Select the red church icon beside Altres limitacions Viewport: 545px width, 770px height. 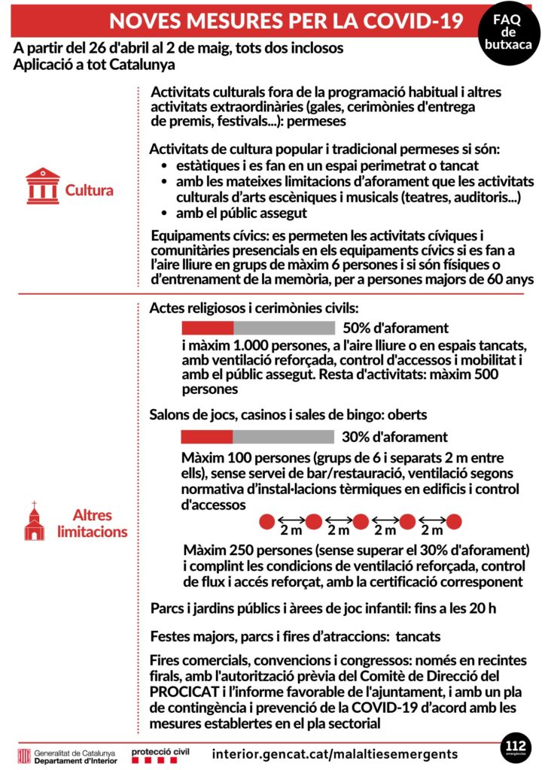[35, 522]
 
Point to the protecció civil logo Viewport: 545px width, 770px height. [160, 753]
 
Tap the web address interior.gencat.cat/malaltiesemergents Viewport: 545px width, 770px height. [334, 753]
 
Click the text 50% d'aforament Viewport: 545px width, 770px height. [395, 328]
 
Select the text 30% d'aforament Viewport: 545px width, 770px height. [394, 437]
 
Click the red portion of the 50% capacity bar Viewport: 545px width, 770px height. [208, 328]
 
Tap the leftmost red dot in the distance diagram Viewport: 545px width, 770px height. [266, 521]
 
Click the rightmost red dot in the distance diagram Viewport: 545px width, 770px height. [453, 521]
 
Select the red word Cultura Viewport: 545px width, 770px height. [89, 189]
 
